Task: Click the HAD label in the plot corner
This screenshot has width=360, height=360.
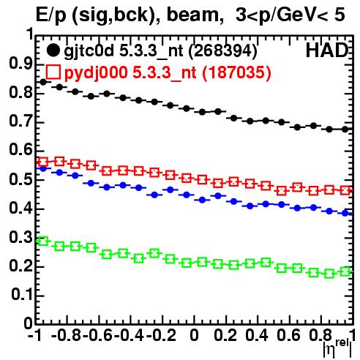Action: [327, 50]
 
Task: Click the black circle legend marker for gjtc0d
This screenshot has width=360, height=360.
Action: [53, 50]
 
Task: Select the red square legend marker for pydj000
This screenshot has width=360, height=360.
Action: [53, 72]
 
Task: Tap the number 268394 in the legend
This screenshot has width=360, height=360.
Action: [223, 51]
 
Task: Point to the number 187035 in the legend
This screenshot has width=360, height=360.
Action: [236, 72]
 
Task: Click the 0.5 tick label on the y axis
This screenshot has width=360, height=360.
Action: [21, 179]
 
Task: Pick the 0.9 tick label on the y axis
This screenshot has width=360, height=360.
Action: [21, 64]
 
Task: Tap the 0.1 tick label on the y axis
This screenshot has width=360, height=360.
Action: [22, 295]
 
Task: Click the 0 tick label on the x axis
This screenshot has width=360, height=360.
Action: [194, 335]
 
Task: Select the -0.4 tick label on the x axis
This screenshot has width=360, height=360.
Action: [130, 335]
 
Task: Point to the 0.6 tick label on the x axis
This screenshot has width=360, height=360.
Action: [288, 335]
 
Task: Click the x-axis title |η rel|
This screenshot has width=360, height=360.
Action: [337, 348]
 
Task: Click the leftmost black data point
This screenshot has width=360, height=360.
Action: [43, 82]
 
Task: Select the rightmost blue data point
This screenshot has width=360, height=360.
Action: [345, 213]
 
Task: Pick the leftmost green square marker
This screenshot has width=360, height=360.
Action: [43, 241]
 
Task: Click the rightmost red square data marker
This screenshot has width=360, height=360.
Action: [345, 190]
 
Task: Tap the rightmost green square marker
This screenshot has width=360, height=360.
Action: [345, 271]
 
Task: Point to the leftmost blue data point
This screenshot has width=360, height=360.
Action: [43, 168]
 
